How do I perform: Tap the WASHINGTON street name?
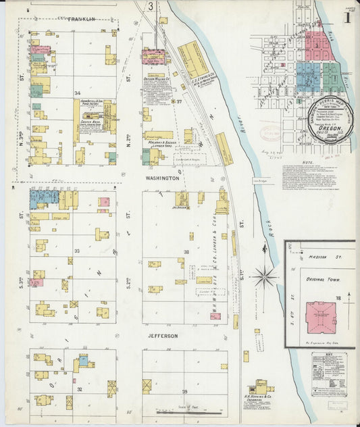point(163,178)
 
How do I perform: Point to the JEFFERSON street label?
point(163,336)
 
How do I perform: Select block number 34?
point(78,93)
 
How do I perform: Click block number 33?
point(78,251)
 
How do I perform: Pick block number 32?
point(79,390)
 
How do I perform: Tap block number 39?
point(184,392)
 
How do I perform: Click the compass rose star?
point(264,276)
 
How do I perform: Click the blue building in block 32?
point(83,361)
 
